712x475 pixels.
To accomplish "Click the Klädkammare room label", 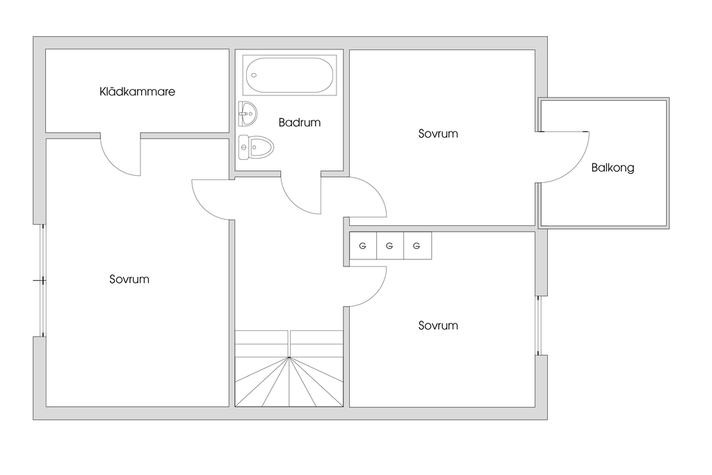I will (x=137, y=92).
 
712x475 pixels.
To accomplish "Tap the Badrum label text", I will (x=300, y=122).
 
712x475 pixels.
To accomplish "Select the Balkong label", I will (x=613, y=168).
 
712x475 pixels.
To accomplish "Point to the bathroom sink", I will (x=247, y=112).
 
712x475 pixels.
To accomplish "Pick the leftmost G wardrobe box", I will (x=362, y=245).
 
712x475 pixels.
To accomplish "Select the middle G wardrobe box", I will (x=389, y=245).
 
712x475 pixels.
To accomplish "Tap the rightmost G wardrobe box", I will (x=417, y=245).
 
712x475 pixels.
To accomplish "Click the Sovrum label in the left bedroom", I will (x=129, y=280).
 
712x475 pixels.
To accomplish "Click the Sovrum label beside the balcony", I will (x=438, y=134).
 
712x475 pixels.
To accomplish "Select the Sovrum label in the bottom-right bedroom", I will (x=438, y=325).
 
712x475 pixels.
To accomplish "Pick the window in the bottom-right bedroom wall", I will (x=538, y=325).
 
